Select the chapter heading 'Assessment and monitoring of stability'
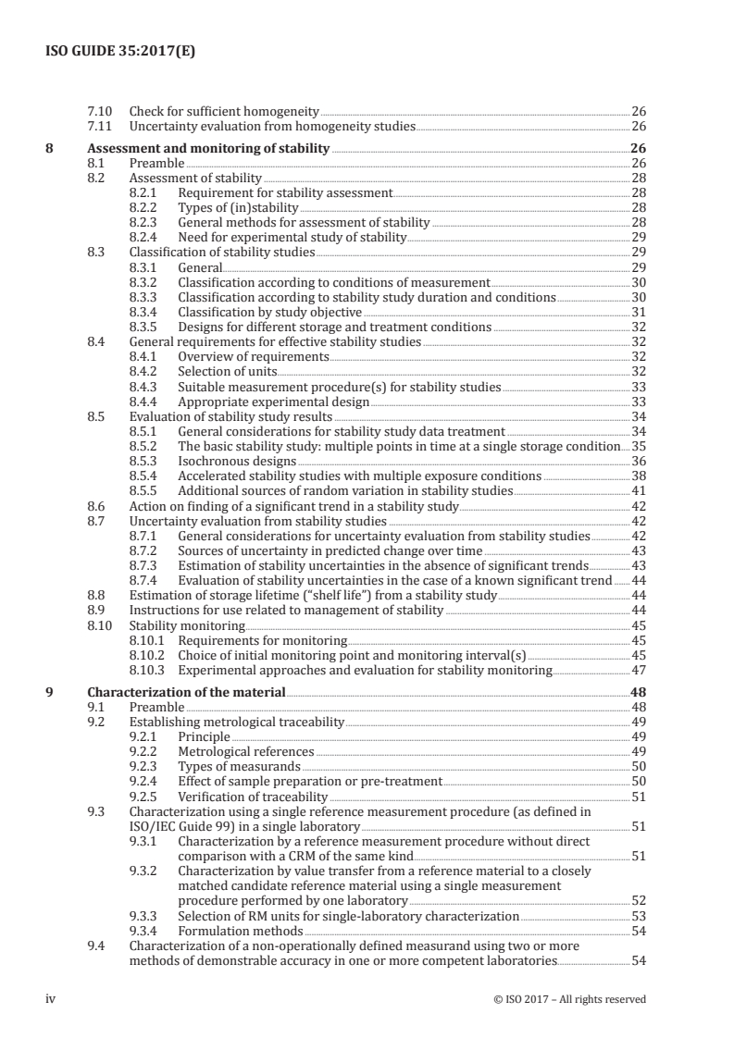208,148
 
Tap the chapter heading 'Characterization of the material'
186,691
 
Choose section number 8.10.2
148,655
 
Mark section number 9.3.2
144,871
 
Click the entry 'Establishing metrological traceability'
236,721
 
